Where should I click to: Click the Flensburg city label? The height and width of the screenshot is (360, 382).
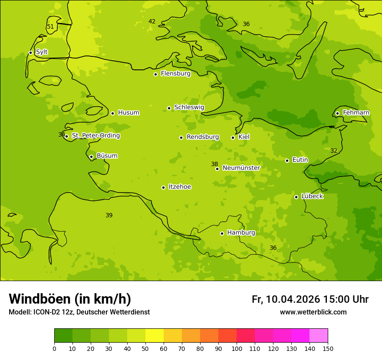coord(175,74)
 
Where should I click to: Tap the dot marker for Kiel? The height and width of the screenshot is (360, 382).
coord(233,137)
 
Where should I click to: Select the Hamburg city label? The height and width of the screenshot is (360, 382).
coord(241,233)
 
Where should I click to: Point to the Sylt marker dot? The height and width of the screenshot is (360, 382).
coord(30,52)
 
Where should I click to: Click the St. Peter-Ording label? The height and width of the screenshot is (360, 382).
coord(95,136)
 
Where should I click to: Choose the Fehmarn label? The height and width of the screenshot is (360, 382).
coord(356,113)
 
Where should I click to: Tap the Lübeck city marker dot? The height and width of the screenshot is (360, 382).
coord(296,197)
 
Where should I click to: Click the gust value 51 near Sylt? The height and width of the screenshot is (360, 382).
coord(50,27)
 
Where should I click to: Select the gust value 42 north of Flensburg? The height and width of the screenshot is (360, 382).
coord(152,22)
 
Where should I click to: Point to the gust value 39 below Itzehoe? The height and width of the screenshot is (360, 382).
coord(109,216)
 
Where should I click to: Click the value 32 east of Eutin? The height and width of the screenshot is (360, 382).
coord(334,151)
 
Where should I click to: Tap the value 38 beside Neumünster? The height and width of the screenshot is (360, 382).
coord(214,164)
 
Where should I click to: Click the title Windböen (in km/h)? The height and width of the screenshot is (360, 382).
coord(70,299)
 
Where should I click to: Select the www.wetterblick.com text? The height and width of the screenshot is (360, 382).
coord(313,312)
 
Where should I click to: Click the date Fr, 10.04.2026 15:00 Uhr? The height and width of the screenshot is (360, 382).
coord(310,299)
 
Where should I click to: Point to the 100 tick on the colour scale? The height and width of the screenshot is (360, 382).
coord(237,348)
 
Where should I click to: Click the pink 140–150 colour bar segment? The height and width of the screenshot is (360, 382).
coord(319,336)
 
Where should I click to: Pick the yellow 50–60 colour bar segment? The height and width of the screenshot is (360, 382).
coord(155,336)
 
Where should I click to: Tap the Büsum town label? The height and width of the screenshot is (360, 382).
coord(107,156)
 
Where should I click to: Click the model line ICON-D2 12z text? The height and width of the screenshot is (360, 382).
coord(79,312)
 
